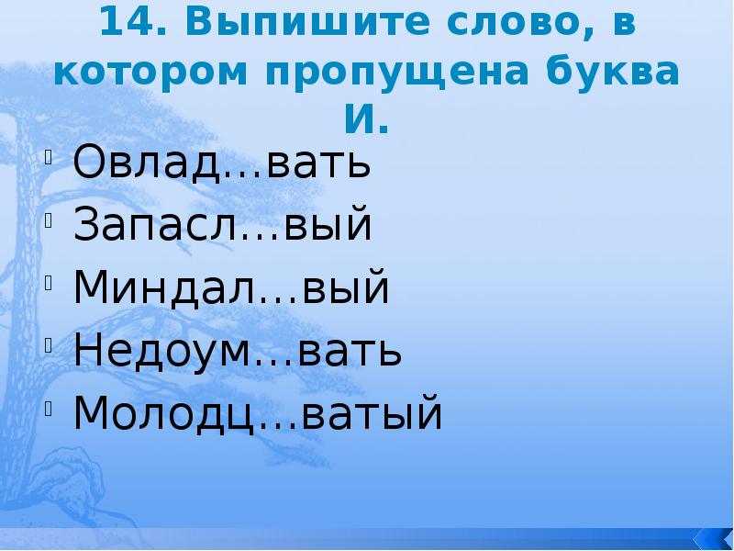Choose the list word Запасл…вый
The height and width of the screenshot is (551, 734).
222,226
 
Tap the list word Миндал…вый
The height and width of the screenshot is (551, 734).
231,288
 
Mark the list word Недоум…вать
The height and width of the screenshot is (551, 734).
238,351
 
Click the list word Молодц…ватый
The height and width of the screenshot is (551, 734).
258,413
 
